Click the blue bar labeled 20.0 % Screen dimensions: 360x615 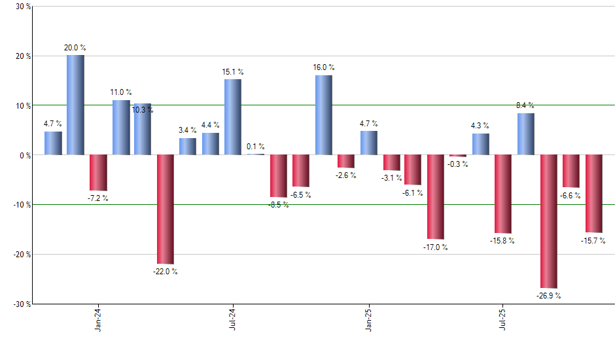pos(75,105)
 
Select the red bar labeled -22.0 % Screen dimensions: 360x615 pos(165,209)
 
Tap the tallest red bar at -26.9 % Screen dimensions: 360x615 pos(548,221)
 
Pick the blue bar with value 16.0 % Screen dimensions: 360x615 pos(323,115)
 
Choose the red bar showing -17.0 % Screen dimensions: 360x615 pos(435,196)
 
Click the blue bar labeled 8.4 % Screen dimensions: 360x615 pos(525,134)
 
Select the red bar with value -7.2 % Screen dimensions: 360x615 pos(98,172)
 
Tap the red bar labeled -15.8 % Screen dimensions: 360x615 pos(503,194)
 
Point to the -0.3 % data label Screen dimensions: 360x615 pos(458,164)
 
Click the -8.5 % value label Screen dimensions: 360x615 pos(278,205)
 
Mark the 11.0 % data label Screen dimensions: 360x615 pos(120,93)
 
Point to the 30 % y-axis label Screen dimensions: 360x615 pos(22,7)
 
